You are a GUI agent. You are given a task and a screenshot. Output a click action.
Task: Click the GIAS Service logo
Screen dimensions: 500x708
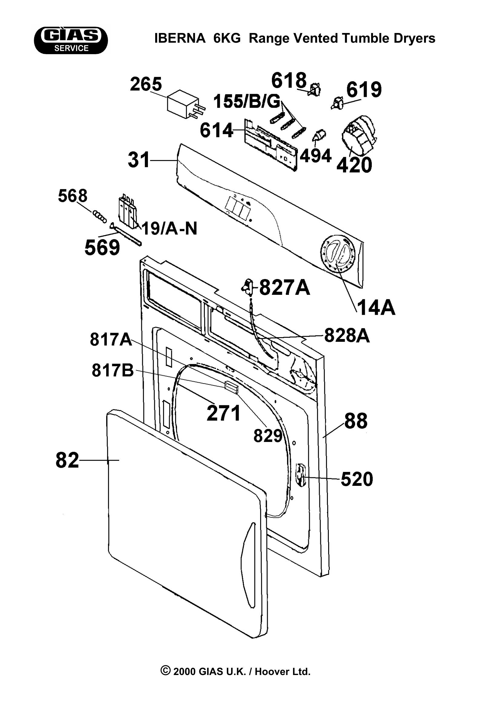coord(71,40)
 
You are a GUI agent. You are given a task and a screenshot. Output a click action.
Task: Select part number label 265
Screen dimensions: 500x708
coord(146,84)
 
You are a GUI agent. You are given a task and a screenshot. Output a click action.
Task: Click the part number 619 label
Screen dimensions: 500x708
coord(364,90)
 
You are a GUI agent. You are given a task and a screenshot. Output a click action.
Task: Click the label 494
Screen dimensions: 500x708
coord(315,156)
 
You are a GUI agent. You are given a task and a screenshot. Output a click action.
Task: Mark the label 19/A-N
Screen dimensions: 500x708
coord(169,229)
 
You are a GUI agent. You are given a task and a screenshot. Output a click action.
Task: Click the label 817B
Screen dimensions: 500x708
coord(113,370)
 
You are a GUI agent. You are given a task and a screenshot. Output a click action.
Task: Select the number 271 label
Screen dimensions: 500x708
coord(223,413)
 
